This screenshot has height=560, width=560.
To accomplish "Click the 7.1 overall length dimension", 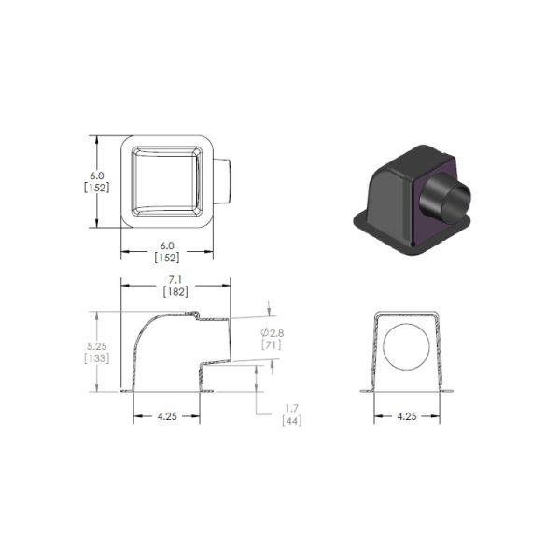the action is (x=176, y=280).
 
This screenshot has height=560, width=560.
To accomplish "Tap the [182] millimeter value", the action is (x=175, y=292).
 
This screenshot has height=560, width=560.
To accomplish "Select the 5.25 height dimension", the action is (x=97, y=345).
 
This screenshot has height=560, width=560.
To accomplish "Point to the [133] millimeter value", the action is (x=97, y=357).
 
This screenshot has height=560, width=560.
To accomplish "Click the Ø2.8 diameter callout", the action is (x=273, y=333).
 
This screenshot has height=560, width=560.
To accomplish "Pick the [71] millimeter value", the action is (x=272, y=345).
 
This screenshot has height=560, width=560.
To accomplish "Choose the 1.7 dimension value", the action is (x=292, y=408).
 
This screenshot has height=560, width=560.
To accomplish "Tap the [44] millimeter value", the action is (x=292, y=421).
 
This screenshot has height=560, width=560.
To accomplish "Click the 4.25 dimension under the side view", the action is (x=167, y=416).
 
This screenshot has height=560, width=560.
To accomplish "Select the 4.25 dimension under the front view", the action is (x=407, y=416).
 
